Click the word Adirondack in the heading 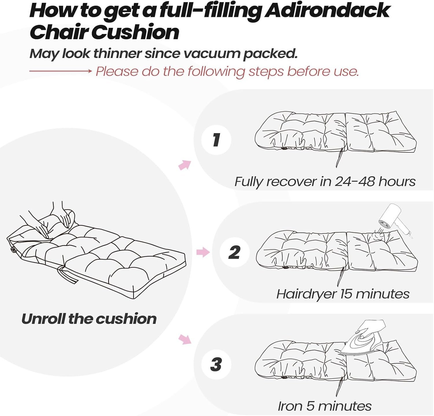327,11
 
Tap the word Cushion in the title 135,32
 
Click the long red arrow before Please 60,71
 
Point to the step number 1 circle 216,140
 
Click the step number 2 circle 234,253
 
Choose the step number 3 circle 216,364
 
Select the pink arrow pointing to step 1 185,165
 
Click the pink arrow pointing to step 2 203,252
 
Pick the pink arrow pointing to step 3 185,339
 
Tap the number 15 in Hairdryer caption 346,294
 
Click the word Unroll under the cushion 43,319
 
